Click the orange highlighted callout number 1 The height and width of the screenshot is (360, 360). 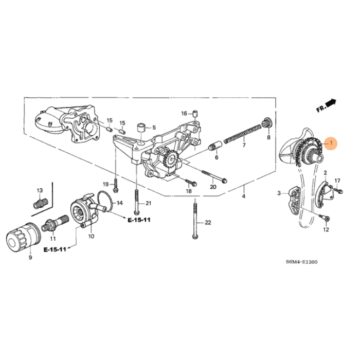[x=332, y=142]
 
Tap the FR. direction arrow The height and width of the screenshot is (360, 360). [x=326, y=106]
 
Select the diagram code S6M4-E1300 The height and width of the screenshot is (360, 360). [x=301, y=262]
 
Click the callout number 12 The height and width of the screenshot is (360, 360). [x=326, y=230]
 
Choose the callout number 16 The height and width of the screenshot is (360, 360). [x=184, y=113]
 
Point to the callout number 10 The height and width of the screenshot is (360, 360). [x=91, y=237]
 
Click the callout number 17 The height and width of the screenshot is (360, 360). [x=337, y=181]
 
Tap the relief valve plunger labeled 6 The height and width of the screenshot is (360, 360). [x=215, y=146]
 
